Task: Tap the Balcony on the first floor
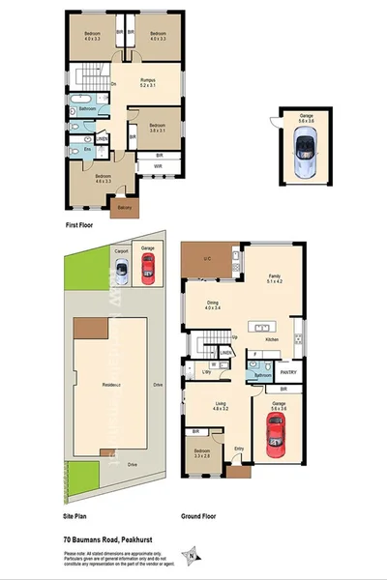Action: pos(124,207)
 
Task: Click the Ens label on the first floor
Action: pos(88,149)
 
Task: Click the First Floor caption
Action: pos(79,224)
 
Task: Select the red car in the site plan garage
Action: pos(149,274)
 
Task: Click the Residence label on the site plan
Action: pos(117,384)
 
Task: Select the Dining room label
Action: pos(212,304)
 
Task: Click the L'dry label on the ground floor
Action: pos(206,371)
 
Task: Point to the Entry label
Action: pos(238,449)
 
